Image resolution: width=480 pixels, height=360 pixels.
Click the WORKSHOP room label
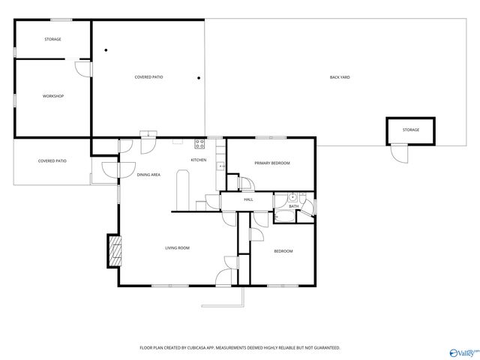click(52, 96)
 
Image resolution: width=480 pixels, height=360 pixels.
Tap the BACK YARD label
click(340, 77)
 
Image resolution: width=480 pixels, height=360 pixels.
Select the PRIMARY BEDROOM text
click(271, 163)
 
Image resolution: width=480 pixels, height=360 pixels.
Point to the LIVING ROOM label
click(177, 247)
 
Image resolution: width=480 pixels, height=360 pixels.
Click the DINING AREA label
click(148, 175)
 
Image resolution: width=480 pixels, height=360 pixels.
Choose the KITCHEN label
click(199, 160)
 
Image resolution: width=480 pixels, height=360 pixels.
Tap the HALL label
click(248, 199)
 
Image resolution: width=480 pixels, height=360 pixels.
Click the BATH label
click(294, 206)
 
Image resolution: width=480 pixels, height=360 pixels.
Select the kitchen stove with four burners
click(200, 142)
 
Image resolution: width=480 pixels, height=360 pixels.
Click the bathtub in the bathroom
click(284, 217)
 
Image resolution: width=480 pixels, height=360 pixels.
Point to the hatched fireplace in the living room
click(114, 250)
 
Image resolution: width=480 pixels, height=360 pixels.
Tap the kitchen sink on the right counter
click(220, 166)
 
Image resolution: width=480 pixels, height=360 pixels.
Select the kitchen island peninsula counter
click(181, 190)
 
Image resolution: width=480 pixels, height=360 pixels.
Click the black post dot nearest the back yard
click(198, 77)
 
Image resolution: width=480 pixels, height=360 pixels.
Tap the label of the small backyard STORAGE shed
click(410, 130)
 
